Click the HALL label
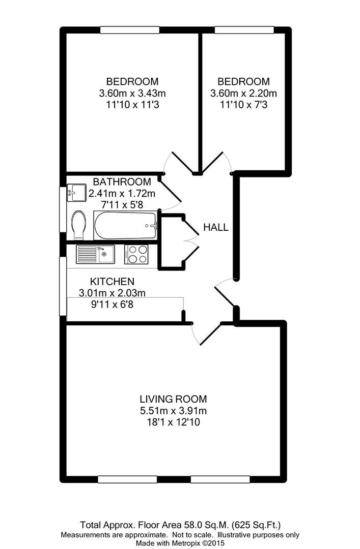coord(216,228)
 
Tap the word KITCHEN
coord(113,282)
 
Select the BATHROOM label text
coord(122,181)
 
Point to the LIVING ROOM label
coord(173,399)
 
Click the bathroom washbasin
coord(76,193)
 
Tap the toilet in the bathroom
coord(78,225)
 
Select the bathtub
coord(125,226)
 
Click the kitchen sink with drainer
coord(95,254)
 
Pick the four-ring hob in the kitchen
coord(136,254)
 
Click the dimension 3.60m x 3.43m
coord(132,93)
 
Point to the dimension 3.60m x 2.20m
coord(243,93)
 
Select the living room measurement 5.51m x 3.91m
coord(173,410)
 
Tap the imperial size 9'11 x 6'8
coord(113,304)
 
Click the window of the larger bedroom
coord(129,30)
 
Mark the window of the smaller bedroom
coord(244,30)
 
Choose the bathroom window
coord(63,209)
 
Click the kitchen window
coord(63,286)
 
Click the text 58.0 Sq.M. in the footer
coord(206,525)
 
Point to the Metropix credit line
coord(180,543)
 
